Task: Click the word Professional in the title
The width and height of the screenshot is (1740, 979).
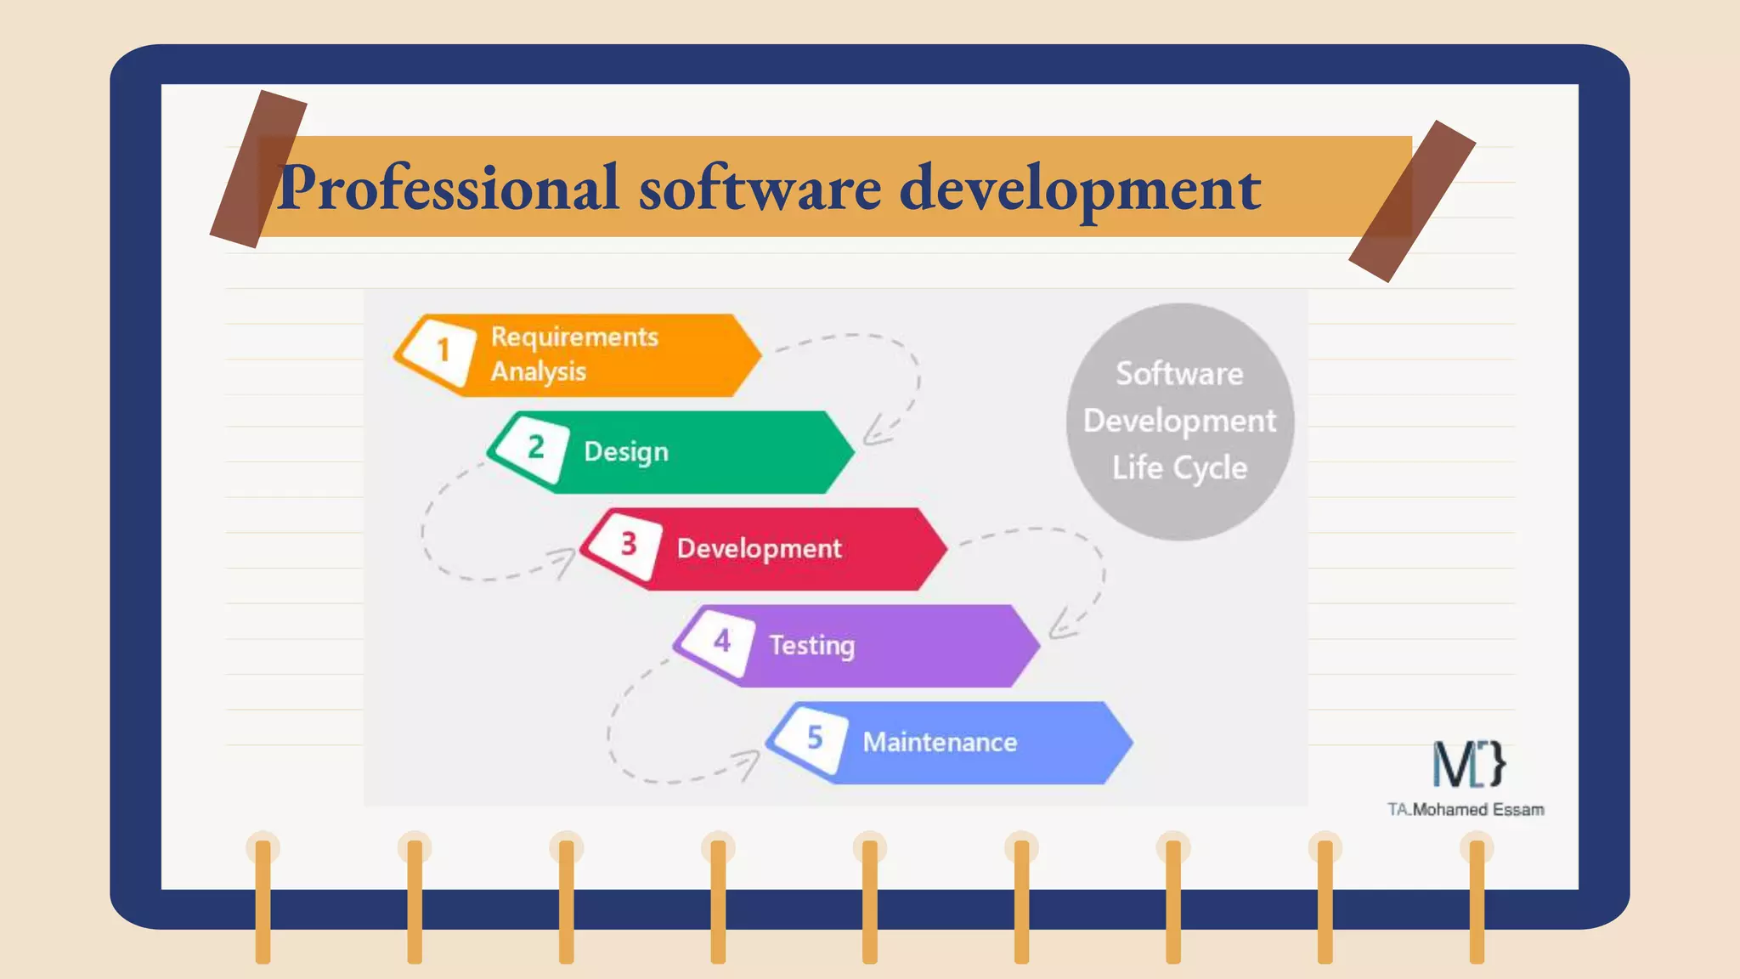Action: (x=448, y=189)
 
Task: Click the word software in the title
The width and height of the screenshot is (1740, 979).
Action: (x=760, y=189)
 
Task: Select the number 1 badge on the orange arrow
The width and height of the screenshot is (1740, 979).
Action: (x=443, y=350)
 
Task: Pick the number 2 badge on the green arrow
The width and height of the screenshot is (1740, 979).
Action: (x=535, y=447)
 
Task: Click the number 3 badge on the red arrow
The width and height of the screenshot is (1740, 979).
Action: (x=629, y=544)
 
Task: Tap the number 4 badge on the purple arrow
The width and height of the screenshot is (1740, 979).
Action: (x=721, y=641)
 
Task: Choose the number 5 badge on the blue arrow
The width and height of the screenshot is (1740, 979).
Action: (x=814, y=738)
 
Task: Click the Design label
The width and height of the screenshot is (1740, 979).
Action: (x=626, y=452)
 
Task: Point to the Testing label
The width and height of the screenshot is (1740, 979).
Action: (x=811, y=646)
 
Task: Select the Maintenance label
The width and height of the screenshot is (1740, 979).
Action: (x=940, y=743)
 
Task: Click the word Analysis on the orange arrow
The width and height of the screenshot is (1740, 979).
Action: (x=539, y=372)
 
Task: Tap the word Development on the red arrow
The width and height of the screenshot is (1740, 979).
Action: (x=759, y=549)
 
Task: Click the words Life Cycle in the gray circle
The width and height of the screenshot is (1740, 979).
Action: (x=1179, y=468)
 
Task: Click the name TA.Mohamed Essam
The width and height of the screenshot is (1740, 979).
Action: (x=1466, y=810)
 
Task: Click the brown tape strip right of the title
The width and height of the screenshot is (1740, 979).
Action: (x=1412, y=201)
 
